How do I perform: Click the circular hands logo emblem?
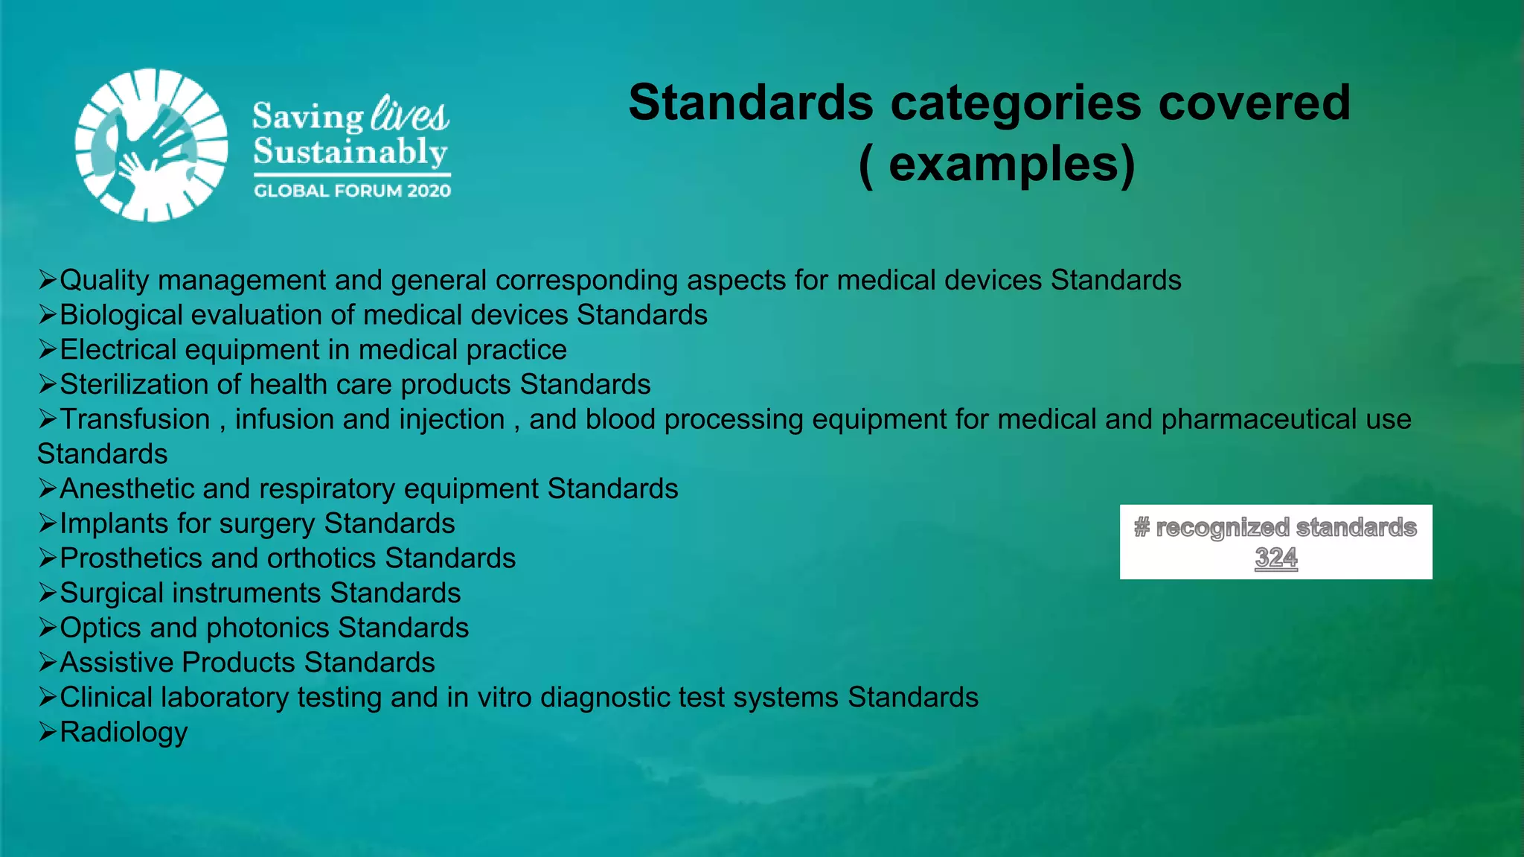152,145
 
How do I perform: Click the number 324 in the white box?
1275,558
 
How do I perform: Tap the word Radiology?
124,732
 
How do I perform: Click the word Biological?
121,315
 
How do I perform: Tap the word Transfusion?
135,419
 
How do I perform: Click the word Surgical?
112,593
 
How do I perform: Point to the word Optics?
100,628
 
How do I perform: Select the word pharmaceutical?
1258,419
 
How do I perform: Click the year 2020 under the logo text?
429,191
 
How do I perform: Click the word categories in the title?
1016,102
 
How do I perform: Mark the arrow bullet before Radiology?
48,732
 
